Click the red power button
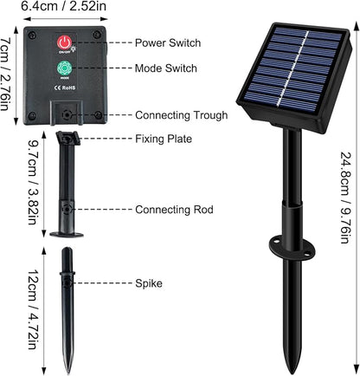click(64, 42)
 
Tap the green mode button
click(64, 68)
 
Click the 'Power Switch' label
click(168, 42)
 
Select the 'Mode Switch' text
click(166, 68)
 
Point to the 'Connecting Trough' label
click(182, 115)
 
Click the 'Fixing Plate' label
click(164, 139)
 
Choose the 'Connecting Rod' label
click(174, 210)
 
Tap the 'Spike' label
click(149, 283)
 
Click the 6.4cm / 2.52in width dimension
click(64, 6)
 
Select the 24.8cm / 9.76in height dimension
click(345, 198)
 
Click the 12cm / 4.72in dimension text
click(33, 309)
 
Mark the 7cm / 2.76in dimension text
click(5, 74)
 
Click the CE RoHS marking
click(65, 88)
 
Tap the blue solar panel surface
click(293, 69)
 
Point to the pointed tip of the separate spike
click(67, 373)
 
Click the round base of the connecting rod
click(67, 234)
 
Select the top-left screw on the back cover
click(32, 36)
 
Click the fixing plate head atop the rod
click(67, 139)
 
